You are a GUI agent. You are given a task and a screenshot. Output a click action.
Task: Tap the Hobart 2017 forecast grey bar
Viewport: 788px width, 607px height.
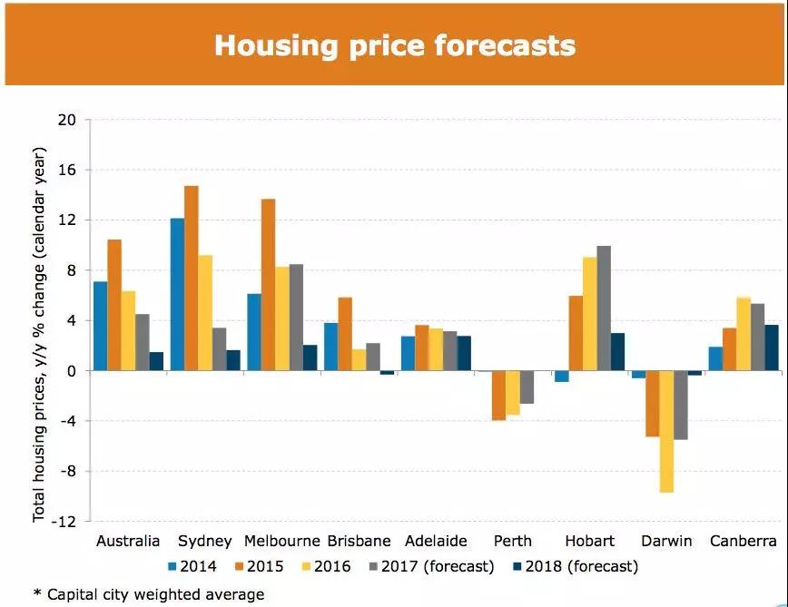pos(604,308)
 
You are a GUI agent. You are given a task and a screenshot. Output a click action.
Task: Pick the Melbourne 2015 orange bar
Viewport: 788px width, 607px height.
pos(268,285)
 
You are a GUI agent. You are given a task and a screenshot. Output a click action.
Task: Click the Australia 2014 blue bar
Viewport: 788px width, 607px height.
pos(100,326)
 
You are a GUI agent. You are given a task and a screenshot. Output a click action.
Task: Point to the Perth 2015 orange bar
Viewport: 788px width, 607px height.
pos(498,395)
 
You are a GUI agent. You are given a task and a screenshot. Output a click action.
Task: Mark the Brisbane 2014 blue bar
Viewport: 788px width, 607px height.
pos(331,347)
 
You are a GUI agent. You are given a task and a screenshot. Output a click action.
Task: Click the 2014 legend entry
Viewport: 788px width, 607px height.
pos(192,567)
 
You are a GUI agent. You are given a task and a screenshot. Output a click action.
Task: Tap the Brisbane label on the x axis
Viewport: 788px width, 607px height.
pos(358,541)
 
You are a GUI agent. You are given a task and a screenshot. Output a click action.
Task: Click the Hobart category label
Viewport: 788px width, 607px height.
pos(589,541)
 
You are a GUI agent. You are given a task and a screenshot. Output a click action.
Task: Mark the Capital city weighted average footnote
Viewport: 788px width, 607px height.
pos(149,594)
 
